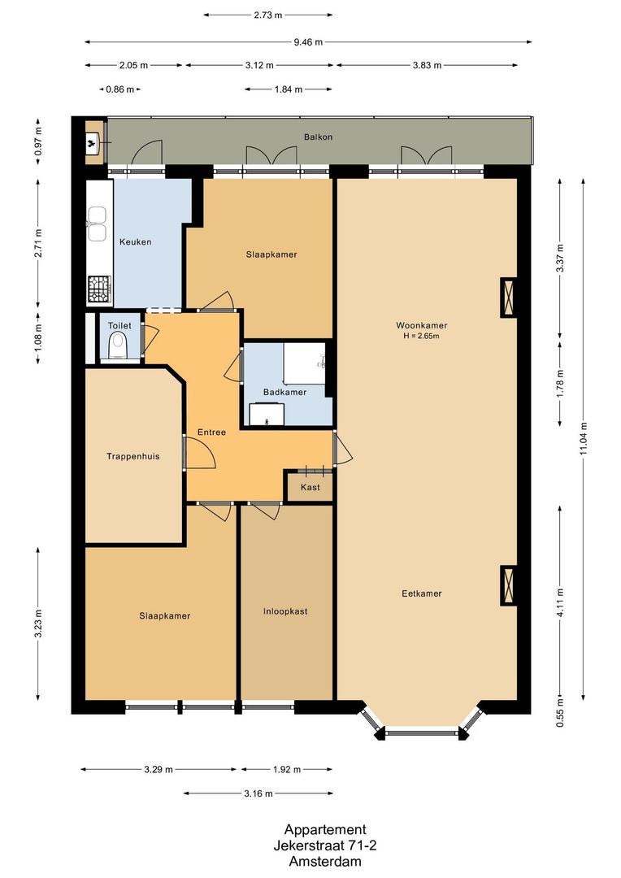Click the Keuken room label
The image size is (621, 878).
135,242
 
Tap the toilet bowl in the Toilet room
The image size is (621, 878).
118,348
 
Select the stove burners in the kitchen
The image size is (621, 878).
99,288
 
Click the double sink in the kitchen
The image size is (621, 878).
98,224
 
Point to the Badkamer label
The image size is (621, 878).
284,392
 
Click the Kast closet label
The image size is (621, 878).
310,488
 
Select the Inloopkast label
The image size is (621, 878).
284,611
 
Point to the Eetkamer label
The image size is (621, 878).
422,593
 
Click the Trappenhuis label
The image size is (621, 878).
132,457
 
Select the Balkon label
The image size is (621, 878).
318,137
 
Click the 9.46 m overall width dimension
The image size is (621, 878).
308,42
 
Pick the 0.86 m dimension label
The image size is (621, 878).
119,89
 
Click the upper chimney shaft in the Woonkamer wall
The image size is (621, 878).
508,298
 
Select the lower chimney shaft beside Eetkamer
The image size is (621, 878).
508,585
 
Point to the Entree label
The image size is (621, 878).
212,432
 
